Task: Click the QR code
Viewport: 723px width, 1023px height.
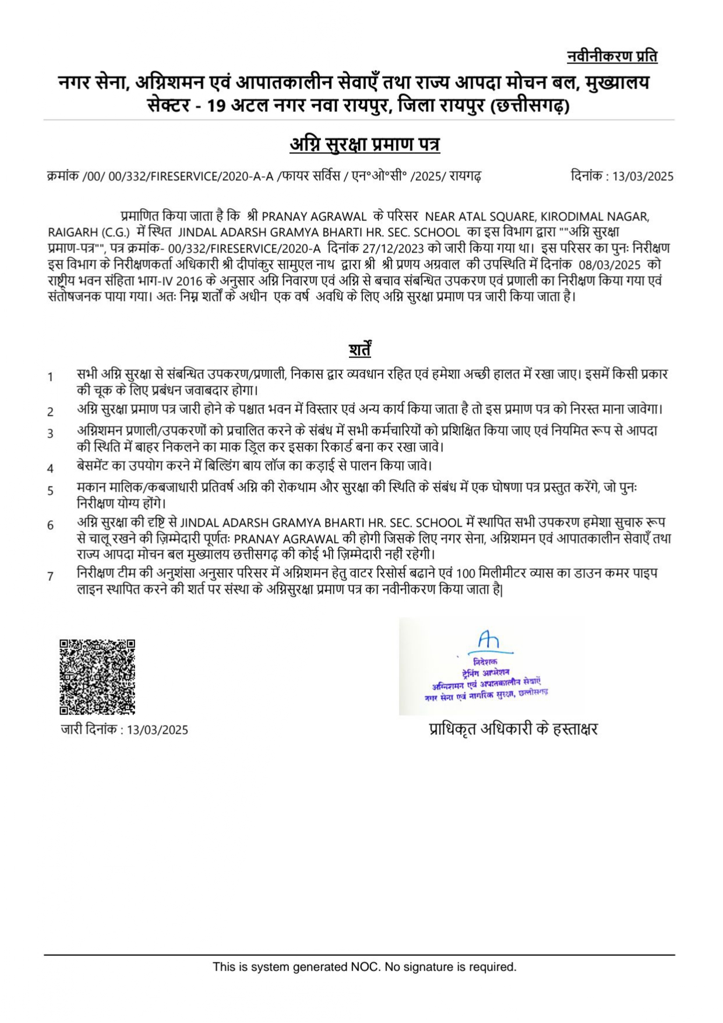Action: (x=97, y=677)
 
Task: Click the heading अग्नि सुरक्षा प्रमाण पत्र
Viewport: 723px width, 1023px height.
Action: (x=365, y=144)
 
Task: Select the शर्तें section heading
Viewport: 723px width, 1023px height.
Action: (x=360, y=349)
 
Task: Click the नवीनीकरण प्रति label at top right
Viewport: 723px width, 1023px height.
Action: (x=612, y=57)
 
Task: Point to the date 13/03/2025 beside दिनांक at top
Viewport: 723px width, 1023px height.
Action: (x=643, y=176)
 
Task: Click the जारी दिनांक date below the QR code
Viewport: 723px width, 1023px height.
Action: (x=157, y=730)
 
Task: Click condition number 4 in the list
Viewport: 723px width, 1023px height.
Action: (x=51, y=468)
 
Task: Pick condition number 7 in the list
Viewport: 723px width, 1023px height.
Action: (x=51, y=576)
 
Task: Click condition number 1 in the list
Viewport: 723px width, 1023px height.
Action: (x=51, y=377)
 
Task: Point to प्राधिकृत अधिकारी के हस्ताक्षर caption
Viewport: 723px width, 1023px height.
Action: (x=513, y=729)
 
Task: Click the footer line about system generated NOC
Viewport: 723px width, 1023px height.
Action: (x=365, y=966)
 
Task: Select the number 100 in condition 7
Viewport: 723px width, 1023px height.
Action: (x=466, y=573)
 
